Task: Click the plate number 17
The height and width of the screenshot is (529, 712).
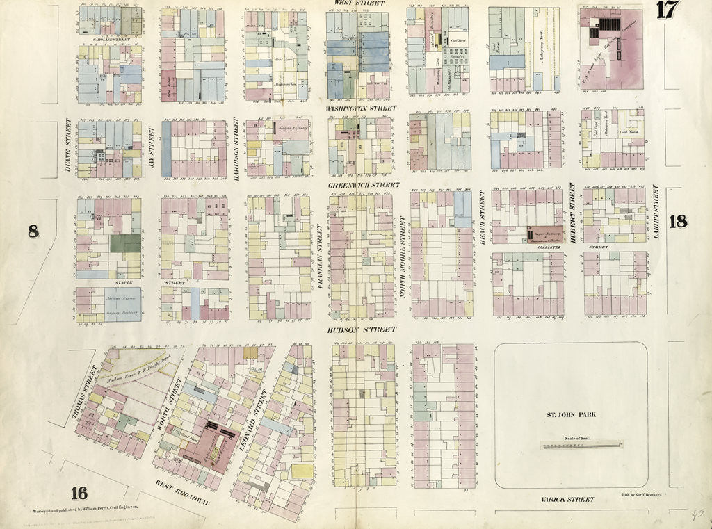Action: pos(665,10)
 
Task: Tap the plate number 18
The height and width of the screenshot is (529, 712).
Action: pos(678,222)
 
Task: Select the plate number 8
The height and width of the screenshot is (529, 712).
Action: pos(33,231)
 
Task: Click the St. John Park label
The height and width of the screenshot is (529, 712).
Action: pos(571,415)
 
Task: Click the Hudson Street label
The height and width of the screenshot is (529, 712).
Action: pos(362,329)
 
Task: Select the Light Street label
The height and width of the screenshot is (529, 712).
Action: pos(655,213)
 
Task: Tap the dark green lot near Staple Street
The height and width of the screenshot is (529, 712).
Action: pos(125,243)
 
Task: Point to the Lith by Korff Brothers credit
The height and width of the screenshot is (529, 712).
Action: pos(638,494)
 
